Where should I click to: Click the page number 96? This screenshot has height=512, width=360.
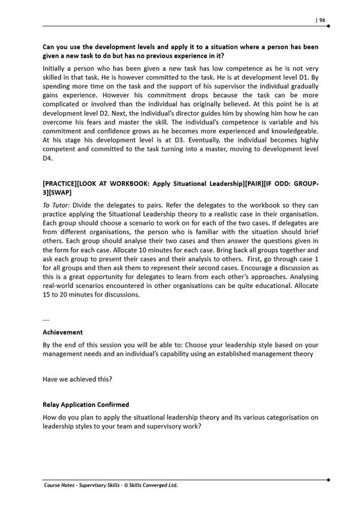(x=322, y=20)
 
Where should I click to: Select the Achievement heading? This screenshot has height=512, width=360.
(x=62, y=331)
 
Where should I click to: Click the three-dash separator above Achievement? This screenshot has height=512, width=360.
(x=46, y=320)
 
